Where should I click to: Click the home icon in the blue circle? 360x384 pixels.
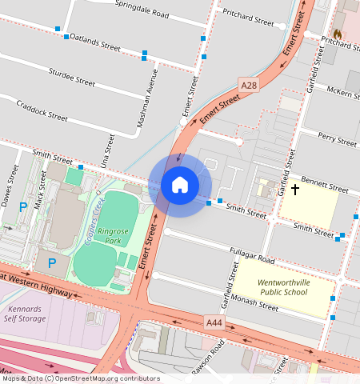180,185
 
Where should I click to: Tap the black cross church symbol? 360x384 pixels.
295,190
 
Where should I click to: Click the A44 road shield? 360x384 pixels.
213,322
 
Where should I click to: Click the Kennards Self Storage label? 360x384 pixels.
26,313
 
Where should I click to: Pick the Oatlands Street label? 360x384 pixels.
94,42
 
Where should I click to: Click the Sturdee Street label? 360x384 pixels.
71,78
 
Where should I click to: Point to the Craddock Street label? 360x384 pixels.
42,110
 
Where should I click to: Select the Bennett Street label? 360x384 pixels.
326,186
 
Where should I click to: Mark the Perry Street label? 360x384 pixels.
337,139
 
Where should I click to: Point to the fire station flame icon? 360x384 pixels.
338,34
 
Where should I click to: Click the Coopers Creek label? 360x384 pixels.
94,219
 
